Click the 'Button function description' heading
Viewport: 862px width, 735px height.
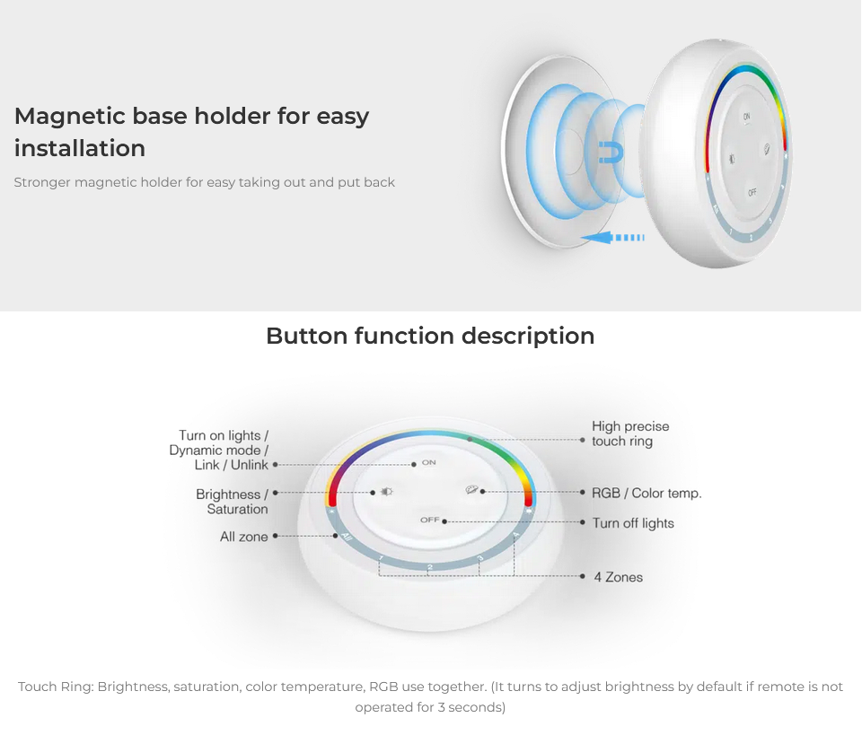430,337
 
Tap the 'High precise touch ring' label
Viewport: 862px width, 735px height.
630,433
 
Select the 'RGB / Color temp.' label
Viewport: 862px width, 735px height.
646,493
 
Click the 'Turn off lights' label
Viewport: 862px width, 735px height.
633,523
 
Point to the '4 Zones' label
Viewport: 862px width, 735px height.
618,577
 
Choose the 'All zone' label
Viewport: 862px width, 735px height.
244,537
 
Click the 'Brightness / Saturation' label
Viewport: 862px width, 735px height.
232,502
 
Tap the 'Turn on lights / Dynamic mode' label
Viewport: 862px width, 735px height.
219,442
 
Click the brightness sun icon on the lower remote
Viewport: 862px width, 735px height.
386,491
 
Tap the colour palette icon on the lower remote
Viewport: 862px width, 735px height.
471,489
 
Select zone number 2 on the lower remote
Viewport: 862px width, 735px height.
430,567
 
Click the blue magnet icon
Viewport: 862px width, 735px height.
611,153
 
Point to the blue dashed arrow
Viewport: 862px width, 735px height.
612,237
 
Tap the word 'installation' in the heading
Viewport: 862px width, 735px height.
80,148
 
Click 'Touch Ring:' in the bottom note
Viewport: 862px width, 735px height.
56,687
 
